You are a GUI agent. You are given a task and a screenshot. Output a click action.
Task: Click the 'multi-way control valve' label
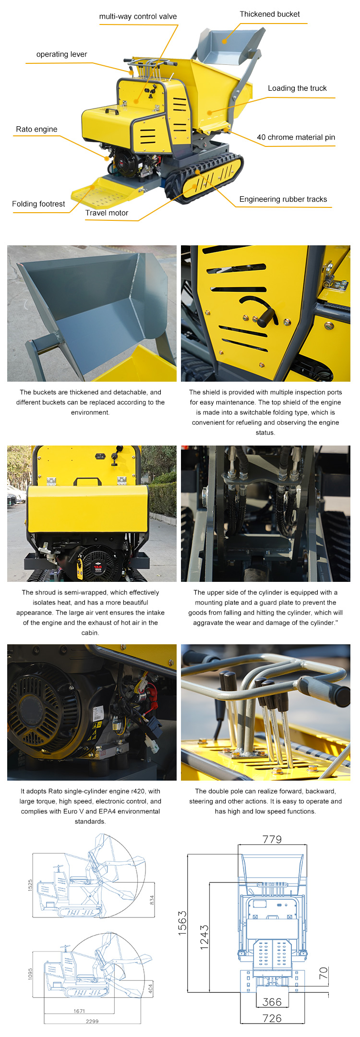click(x=138, y=16)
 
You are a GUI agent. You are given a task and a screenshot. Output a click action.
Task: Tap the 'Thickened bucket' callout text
click(x=270, y=14)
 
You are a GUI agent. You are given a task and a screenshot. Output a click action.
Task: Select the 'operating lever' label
click(x=61, y=54)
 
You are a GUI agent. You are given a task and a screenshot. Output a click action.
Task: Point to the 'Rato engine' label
click(x=36, y=129)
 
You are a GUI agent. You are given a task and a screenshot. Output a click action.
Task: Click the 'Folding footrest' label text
click(x=38, y=204)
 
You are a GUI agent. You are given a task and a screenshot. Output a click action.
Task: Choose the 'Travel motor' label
click(x=107, y=213)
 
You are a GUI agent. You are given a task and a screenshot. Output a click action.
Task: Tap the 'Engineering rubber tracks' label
click(x=283, y=199)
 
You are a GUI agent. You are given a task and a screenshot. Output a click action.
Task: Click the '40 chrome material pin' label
click(x=296, y=137)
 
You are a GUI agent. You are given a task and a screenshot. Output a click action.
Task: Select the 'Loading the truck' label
click(x=297, y=88)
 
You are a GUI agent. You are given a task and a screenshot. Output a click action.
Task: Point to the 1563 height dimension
click(x=182, y=923)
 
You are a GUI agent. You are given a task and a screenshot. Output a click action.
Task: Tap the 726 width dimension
click(x=272, y=1018)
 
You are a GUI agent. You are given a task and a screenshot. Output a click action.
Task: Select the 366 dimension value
click(x=272, y=1002)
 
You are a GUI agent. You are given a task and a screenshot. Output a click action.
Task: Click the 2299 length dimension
click(x=92, y=1021)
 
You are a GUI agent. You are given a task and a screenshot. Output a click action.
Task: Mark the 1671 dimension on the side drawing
click(x=80, y=1011)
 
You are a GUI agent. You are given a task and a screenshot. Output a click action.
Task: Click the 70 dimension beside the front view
click(x=324, y=974)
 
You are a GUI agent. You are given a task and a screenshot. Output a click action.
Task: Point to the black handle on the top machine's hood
click(x=112, y=110)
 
